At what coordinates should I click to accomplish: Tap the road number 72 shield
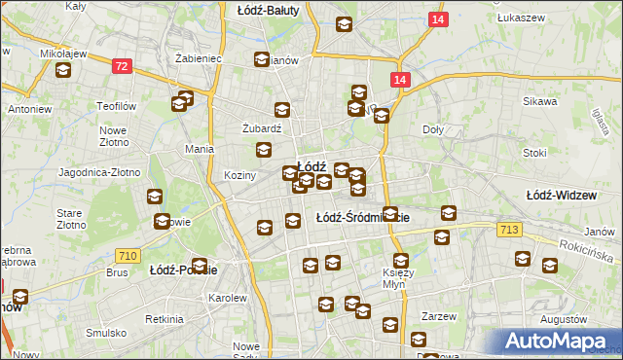[122, 66]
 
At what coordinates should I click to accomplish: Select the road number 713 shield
[507, 229]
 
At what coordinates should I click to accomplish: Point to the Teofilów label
[114, 105]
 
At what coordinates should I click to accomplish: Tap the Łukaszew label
[519, 18]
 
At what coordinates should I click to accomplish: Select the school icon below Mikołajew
[63, 71]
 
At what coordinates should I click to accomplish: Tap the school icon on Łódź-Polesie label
[200, 266]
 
